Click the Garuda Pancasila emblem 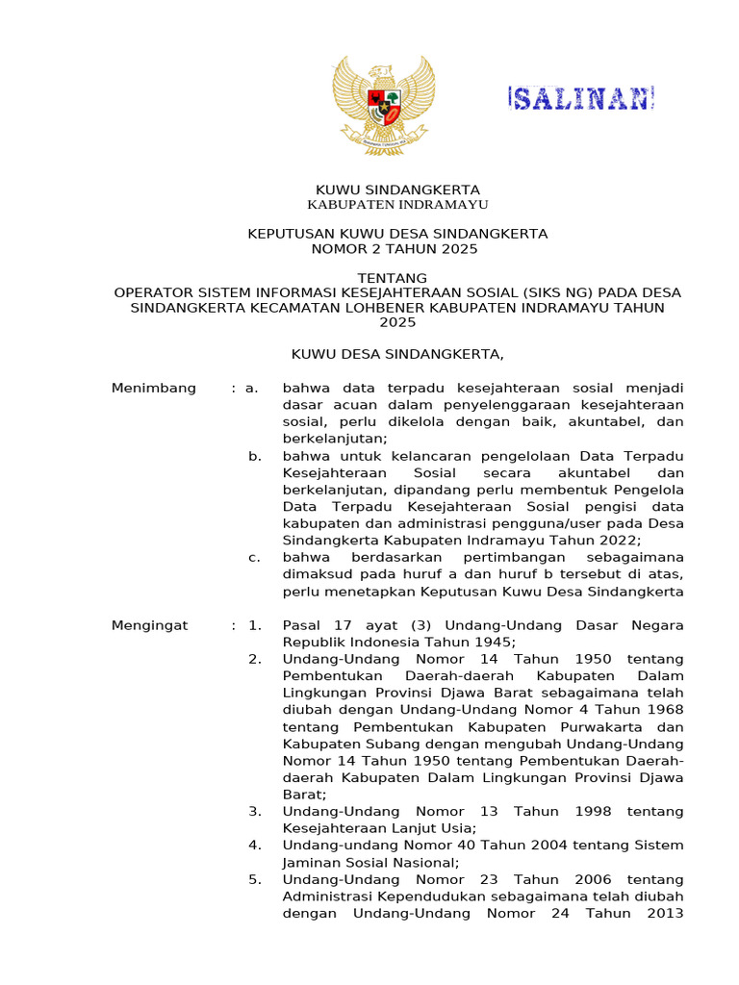pyautogui.click(x=384, y=105)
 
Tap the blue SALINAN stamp pyautogui.click(x=581, y=98)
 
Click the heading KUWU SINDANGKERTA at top pyautogui.click(x=397, y=189)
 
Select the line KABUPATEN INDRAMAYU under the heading pyautogui.click(x=397, y=205)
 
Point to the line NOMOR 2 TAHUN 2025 pyautogui.click(x=397, y=249)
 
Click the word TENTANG pyautogui.click(x=397, y=278)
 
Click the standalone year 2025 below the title pyautogui.click(x=397, y=322)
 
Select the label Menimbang pyautogui.click(x=154, y=389)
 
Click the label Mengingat pyautogui.click(x=150, y=626)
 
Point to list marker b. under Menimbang pyautogui.click(x=254, y=456)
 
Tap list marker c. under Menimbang pyautogui.click(x=254, y=557)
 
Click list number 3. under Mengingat pyautogui.click(x=254, y=812)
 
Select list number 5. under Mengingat pyautogui.click(x=254, y=879)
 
